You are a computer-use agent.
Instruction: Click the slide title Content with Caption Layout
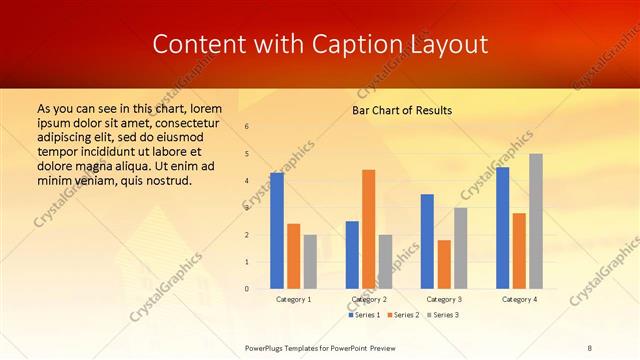pyautogui.click(x=320, y=44)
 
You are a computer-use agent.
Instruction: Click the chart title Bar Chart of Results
pyautogui.click(x=402, y=109)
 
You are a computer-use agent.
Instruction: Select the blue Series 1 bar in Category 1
pyautogui.click(x=277, y=231)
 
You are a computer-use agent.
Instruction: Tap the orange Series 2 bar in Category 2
pyautogui.click(x=368, y=229)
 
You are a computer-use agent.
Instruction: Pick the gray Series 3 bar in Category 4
pyautogui.click(x=536, y=221)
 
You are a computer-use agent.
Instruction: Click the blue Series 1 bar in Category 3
pyautogui.click(x=427, y=241)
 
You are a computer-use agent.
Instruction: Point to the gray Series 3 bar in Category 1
pyautogui.click(x=310, y=262)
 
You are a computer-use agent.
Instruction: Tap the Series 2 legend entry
pyautogui.click(x=402, y=315)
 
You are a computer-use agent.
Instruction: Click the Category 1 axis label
pyautogui.click(x=293, y=299)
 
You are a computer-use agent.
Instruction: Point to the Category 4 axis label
pyautogui.click(x=519, y=299)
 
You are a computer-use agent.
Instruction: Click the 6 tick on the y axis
pyautogui.click(x=247, y=127)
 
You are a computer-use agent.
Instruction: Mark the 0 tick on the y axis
pyautogui.click(x=247, y=289)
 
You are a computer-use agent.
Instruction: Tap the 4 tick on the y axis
pyautogui.click(x=247, y=181)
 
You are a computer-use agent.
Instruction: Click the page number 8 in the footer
pyautogui.click(x=590, y=348)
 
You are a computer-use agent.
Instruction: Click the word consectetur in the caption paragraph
pyautogui.click(x=180, y=121)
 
